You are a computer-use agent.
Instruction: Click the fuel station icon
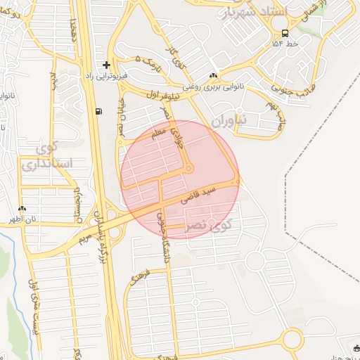click(97, 111)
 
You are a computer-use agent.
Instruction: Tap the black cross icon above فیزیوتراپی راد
click(106, 65)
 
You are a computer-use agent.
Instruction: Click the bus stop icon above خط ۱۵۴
click(284, 33)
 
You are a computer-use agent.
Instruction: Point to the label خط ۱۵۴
click(285, 44)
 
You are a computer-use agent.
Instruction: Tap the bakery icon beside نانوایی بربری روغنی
click(213, 76)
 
